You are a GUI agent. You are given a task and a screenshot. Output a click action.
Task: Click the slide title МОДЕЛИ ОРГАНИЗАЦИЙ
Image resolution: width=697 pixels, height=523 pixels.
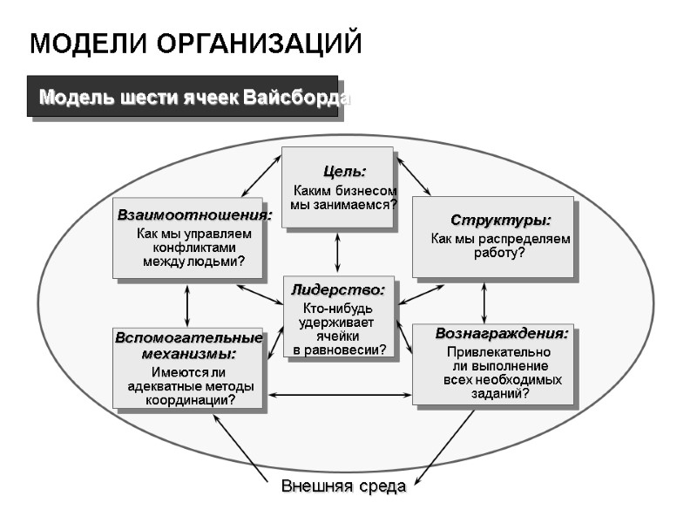(x=195, y=43)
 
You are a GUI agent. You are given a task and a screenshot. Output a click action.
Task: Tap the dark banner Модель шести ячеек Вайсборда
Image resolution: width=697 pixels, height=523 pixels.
(x=193, y=97)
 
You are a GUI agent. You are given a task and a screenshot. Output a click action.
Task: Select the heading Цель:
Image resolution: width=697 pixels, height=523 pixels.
(x=344, y=171)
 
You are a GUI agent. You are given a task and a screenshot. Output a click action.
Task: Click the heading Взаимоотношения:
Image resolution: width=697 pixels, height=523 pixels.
(x=194, y=214)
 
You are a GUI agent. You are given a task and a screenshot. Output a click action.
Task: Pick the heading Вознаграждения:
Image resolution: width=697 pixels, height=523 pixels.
(x=502, y=334)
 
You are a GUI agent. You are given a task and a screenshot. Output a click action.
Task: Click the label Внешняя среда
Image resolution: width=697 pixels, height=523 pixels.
(x=343, y=486)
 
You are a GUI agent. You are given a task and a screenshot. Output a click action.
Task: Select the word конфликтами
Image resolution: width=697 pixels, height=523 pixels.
(x=193, y=248)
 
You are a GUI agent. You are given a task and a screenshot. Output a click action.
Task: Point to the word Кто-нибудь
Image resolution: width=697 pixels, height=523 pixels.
(x=337, y=309)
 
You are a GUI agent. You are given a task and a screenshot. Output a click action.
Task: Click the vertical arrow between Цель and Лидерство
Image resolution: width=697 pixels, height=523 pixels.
(x=338, y=252)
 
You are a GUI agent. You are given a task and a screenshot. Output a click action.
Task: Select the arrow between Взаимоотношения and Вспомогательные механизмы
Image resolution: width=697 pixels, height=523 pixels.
(x=187, y=304)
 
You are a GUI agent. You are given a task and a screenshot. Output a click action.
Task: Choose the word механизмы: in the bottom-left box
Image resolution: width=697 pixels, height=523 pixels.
(x=188, y=354)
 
